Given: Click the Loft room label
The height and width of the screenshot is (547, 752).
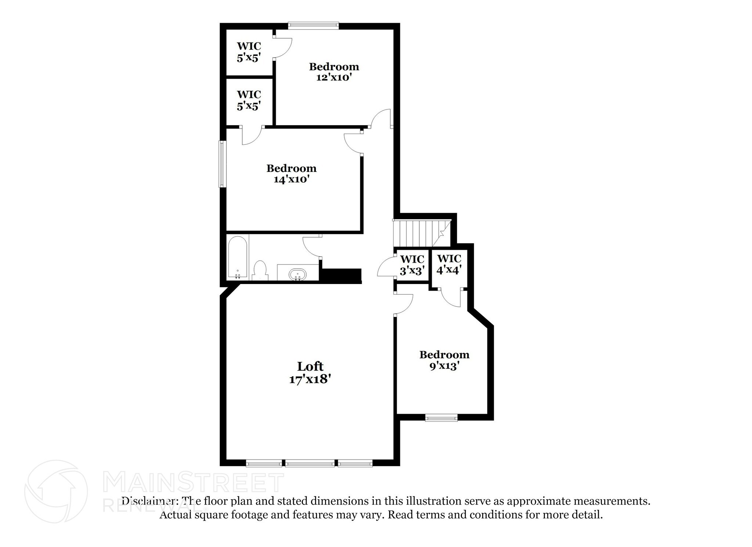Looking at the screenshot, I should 310,366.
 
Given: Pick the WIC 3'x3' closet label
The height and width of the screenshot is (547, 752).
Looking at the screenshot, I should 412,265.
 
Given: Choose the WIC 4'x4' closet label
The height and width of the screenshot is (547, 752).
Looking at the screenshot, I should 449,264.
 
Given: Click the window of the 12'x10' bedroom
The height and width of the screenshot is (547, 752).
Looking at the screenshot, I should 313,25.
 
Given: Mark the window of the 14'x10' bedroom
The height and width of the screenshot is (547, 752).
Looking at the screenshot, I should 222,164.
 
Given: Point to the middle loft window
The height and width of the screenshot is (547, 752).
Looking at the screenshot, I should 310,464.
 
